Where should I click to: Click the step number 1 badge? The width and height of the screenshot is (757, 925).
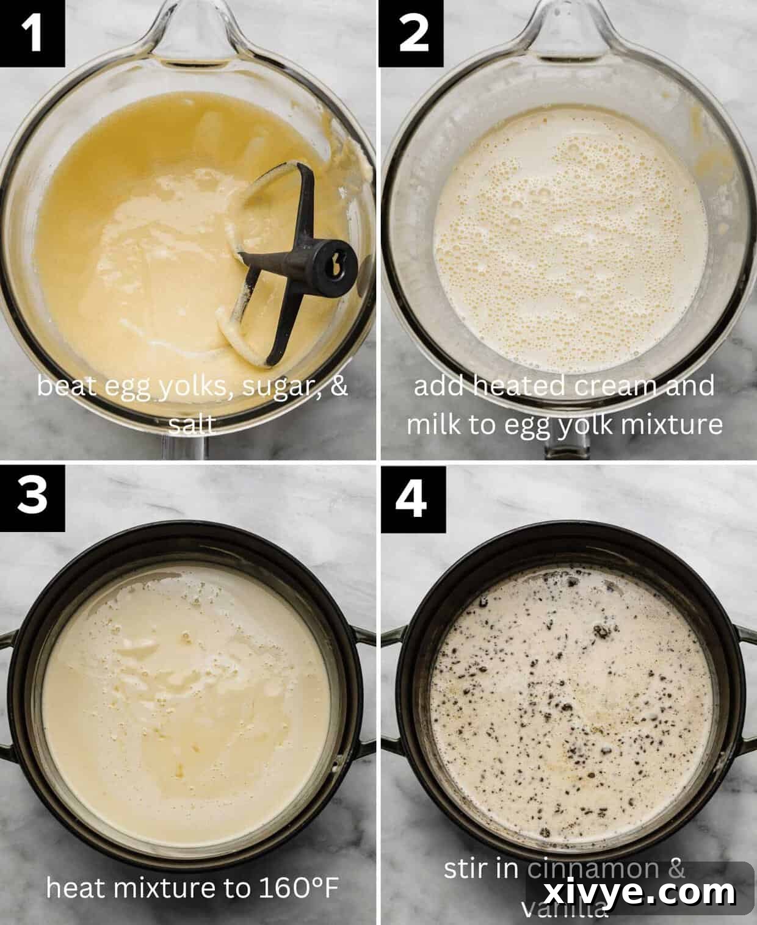[32, 32]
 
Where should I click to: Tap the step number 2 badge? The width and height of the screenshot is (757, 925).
[414, 32]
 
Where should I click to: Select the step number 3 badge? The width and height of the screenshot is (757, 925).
[32, 494]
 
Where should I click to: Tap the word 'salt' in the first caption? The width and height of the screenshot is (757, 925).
[192, 425]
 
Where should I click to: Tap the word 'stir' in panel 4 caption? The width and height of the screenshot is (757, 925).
[466, 869]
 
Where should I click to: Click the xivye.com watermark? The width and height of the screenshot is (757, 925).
[639, 893]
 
